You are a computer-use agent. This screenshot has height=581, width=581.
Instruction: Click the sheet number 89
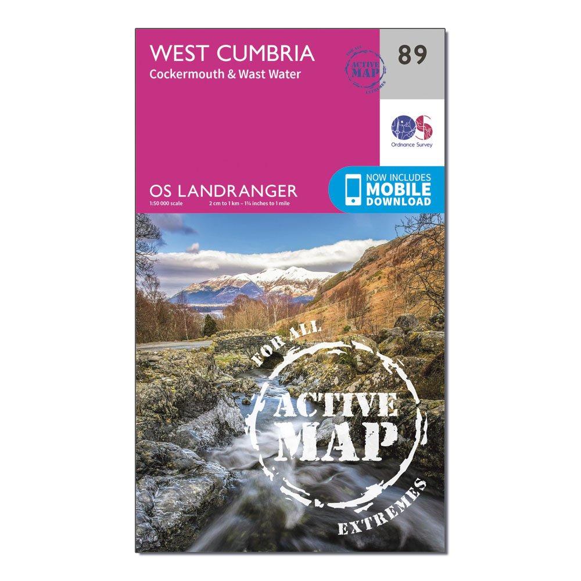(x=413, y=55)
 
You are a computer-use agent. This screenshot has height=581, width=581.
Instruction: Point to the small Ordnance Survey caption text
(x=412, y=145)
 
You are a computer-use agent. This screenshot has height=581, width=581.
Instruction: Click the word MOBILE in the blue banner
(x=399, y=189)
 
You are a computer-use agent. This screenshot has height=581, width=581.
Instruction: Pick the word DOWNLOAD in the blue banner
(x=399, y=202)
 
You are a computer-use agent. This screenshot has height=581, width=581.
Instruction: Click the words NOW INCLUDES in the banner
(x=399, y=178)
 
